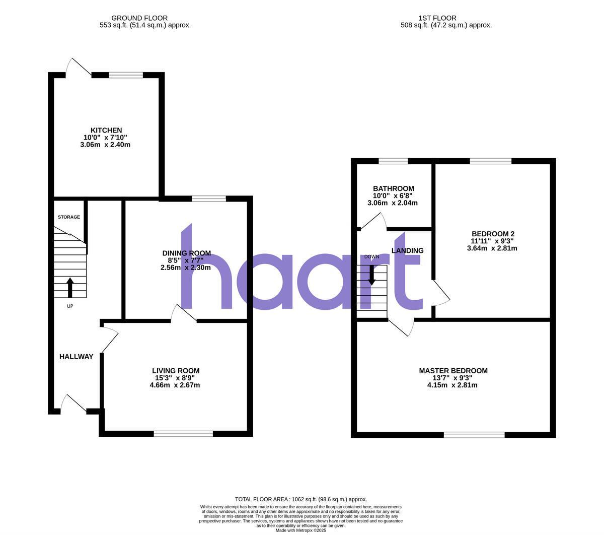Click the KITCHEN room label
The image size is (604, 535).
point(106,130)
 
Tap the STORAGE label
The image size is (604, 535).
point(69,217)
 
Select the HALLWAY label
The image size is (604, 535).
point(77,357)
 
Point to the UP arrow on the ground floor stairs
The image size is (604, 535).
point(69,287)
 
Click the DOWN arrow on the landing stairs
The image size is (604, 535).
point(371,275)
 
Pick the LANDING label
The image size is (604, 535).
point(407,250)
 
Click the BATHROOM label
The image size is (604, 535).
point(394,188)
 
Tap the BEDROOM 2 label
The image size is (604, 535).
point(493,234)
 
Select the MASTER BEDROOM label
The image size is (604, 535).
point(453,371)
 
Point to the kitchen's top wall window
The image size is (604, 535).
point(126,76)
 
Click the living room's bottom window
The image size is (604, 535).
point(183,433)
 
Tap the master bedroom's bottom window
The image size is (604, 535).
point(474,435)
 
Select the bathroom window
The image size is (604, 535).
point(393,161)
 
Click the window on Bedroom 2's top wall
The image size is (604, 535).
point(491,161)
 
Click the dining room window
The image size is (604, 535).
point(209,199)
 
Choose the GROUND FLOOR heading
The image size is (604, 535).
point(139,18)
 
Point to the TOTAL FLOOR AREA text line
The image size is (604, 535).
point(301,499)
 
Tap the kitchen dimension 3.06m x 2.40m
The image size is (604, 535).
point(105,145)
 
